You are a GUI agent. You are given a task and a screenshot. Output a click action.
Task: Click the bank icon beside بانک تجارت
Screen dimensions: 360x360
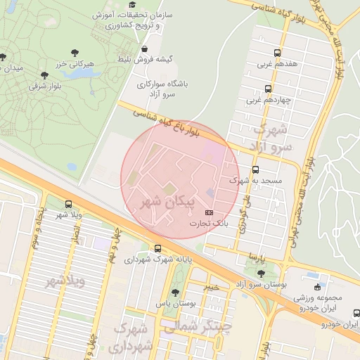tap(208, 212)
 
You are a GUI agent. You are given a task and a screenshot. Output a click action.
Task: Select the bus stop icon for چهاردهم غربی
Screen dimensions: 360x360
tap(268, 89)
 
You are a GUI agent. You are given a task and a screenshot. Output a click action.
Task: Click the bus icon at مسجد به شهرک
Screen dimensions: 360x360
tap(255, 169)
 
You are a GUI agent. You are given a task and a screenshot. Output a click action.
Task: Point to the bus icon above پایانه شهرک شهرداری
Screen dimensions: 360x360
tap(157, 248)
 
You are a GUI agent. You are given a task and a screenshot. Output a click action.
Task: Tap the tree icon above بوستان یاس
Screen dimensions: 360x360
tap(174, 292)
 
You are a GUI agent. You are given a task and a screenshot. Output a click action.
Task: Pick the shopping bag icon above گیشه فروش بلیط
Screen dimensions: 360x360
tap(144, 49)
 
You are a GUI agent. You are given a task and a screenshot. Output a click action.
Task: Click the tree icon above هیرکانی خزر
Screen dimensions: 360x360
tap(75, 52)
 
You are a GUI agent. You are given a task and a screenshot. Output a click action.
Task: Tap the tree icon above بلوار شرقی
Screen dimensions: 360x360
tap(44, 75)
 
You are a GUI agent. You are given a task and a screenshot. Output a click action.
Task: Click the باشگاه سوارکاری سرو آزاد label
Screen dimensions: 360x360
tap(165, 88)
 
